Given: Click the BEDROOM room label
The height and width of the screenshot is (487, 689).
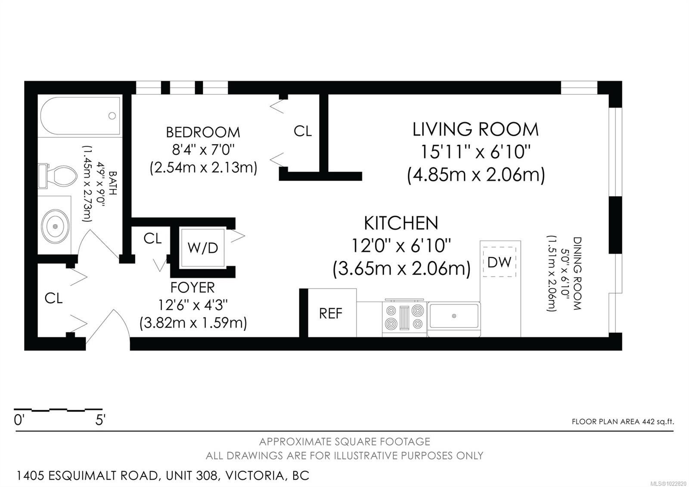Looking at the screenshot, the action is (203, 132).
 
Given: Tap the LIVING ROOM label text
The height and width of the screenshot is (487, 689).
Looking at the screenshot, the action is (475, 129).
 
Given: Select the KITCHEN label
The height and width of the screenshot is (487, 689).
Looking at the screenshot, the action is (401, 223).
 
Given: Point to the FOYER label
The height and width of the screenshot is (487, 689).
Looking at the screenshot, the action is (192, 287).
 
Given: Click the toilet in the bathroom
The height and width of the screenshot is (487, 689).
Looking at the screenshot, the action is (58, 176).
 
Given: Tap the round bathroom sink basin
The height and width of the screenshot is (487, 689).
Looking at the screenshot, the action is (56, 226).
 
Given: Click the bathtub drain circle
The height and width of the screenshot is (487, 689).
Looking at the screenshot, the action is (112, 116).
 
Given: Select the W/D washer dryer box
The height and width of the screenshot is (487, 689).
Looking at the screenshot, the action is (203, 247).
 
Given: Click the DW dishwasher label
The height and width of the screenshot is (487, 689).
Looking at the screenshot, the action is (500, 262).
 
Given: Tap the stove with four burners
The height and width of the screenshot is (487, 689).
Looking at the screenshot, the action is (404, 318).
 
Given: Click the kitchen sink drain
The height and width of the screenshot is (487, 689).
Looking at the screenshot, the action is (454, 316).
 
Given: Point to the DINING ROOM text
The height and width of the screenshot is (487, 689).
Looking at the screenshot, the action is (577, 273).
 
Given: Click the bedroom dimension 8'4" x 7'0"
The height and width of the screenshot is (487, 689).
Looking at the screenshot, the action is (203, 150).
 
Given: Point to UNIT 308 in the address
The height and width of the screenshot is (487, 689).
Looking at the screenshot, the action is (192, 476).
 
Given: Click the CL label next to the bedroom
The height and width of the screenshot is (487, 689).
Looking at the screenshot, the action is (303, 131).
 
